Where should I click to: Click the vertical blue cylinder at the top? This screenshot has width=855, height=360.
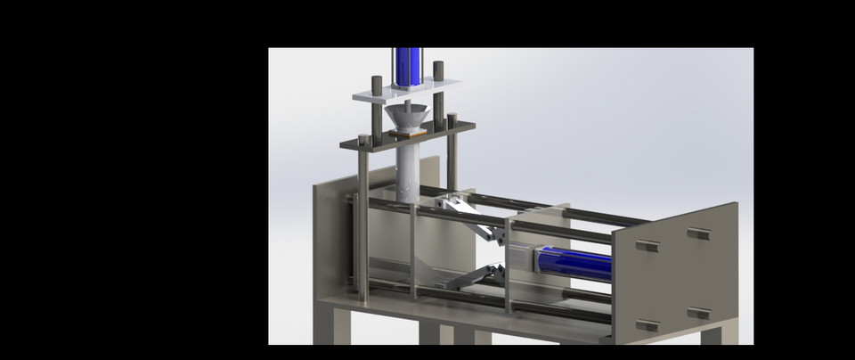(408, 67)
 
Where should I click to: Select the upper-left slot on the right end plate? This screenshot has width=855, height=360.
(647, 246)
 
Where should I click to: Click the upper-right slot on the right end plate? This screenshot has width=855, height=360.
(699, 234)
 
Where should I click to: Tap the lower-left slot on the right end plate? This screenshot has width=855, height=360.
(648, 325)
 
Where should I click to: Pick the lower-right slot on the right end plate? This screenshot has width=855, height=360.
(699, 314)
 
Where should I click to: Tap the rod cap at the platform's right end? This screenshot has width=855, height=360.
(452, 119)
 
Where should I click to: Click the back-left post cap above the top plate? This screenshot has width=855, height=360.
(377, 82)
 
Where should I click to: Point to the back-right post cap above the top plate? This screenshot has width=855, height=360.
(438, 68)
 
